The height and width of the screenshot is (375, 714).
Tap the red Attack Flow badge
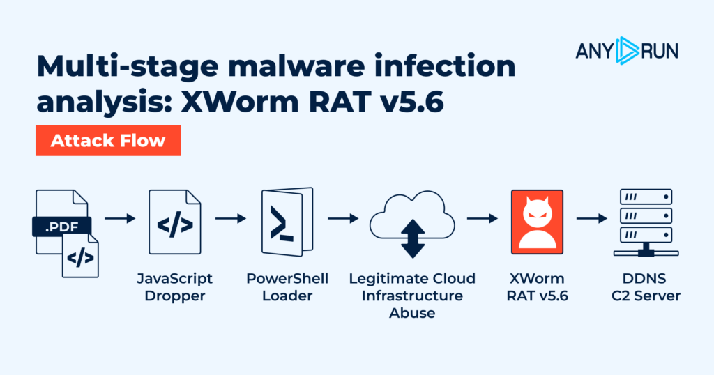click(108, 140)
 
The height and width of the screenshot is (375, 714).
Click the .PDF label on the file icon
click(61, 226)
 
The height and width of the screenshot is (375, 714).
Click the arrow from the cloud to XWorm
click(482, 218)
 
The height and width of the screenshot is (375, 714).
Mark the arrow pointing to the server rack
click(591, 218)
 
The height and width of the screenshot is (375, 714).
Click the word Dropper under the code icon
click(174, 296)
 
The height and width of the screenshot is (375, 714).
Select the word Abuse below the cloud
click(412, 313)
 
